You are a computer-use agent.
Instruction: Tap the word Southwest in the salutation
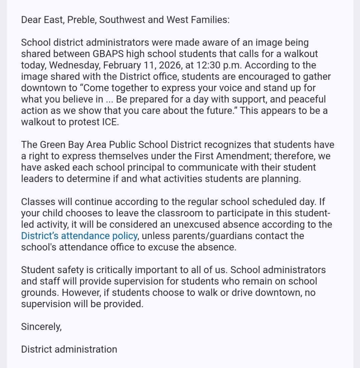[x=122, y=20]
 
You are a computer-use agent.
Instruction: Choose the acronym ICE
[x=108, y=122]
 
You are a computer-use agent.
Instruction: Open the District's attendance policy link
[x=79, y=236]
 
